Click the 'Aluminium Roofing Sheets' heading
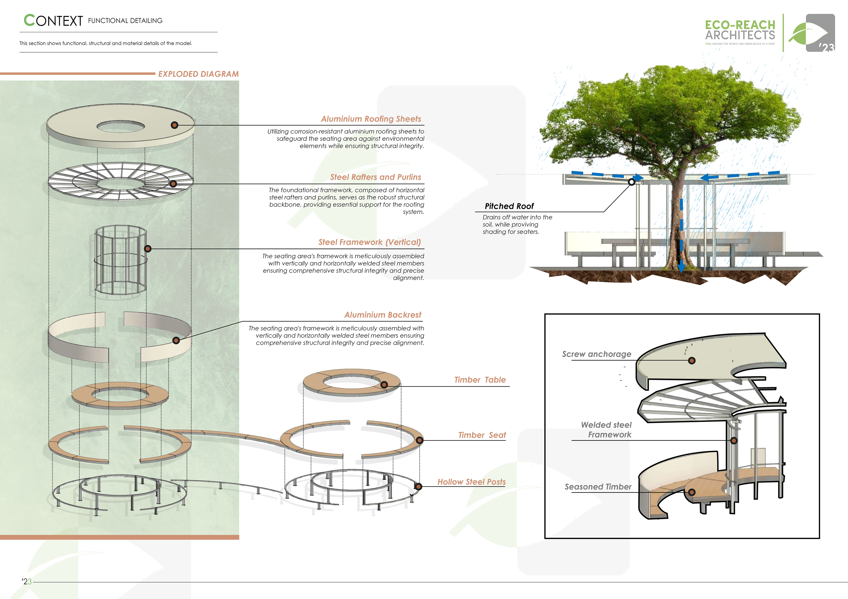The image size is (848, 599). pos(371,119)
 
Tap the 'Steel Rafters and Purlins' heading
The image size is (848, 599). pos(375,177)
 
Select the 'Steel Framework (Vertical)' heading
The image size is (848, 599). pos(369,242)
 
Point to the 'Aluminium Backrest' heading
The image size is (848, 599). pos(383,315)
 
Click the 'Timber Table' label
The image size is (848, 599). pos(480,380)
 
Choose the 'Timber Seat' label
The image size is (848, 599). pos(482,435)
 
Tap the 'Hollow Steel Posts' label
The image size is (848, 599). pos(471,482)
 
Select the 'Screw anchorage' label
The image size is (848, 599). pos(596,354)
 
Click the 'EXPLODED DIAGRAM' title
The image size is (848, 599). pos(198,74)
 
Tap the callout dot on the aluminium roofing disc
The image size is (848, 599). pos(174,125)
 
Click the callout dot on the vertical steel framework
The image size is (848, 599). pos(148,249)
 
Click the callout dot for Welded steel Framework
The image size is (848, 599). pos(734,440)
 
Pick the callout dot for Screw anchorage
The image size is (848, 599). pos(692,361)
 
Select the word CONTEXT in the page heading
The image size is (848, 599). pos(54,21)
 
